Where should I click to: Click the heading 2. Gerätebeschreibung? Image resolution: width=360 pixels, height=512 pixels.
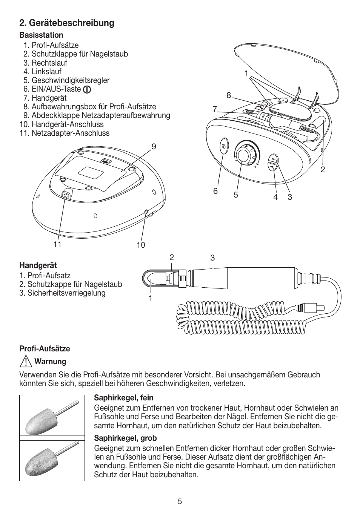point(67,23)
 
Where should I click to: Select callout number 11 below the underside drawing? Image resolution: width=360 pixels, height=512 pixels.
point(57,244)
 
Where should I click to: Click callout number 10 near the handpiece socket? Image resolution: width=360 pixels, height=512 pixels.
point(140,245)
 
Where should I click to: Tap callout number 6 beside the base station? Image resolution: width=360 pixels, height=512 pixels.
point(215,191)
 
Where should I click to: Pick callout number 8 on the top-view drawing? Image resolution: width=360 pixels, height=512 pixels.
point(228,96)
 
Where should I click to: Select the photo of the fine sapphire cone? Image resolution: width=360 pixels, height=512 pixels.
point(52,415)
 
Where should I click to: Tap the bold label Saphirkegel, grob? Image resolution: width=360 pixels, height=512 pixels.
point(125,438)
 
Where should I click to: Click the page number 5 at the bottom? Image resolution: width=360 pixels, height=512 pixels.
point(180,501)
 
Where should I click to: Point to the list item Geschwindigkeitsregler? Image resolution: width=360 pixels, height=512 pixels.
point(70,80)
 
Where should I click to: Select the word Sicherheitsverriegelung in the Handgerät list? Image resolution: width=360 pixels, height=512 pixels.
point(66,293)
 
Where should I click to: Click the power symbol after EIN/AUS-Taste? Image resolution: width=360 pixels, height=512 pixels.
point(87,90)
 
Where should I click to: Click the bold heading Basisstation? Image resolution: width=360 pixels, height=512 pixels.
point(42,35)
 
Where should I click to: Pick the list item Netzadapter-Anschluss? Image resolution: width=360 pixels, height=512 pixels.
point(70,133)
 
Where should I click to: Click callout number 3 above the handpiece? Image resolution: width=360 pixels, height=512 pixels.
point(212,258)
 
